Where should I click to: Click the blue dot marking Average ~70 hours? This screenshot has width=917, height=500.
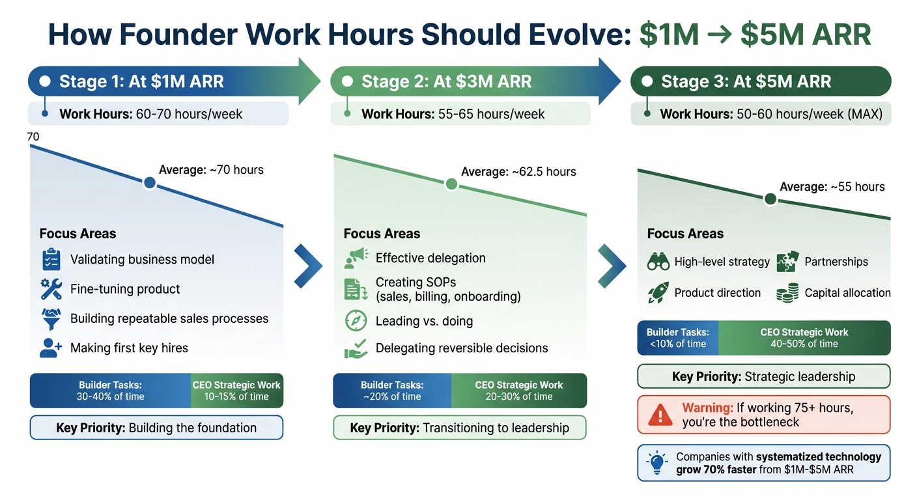(x=149, y=183)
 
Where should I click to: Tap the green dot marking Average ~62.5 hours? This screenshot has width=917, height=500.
(x=451, y=184)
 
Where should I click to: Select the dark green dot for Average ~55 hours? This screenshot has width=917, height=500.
(x=770, y=199)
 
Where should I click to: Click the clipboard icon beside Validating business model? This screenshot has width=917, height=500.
(x=51, y=259)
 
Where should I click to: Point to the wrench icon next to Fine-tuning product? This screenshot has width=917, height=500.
(x=51, y=288)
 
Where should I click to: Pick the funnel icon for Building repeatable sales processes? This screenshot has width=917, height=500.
(x=51, y=318)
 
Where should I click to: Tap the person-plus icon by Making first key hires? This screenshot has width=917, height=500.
(x=51, y=348)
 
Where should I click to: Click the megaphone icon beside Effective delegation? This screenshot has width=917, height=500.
(x=356, y=258)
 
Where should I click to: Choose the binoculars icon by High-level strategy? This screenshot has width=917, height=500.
(x=658, y=262)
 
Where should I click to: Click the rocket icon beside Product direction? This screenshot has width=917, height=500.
(x=658, y=293)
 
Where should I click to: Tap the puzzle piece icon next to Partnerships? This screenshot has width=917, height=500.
(x=787, y=262)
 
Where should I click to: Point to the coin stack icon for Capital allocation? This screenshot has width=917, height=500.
(x=787, y=293)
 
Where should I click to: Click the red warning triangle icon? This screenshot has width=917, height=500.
(x=660, y=415)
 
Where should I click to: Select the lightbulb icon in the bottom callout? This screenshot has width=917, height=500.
(x=656, y=463)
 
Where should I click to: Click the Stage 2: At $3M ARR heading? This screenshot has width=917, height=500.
(x=447, y=81)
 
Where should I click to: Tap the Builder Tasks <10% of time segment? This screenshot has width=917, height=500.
(x=678, y=338)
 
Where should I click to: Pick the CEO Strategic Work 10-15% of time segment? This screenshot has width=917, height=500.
(x=236, y=391)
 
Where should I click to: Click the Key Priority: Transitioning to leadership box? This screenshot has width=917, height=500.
(x=459, y=428)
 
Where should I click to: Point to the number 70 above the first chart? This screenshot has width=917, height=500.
(x=33, y=137)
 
